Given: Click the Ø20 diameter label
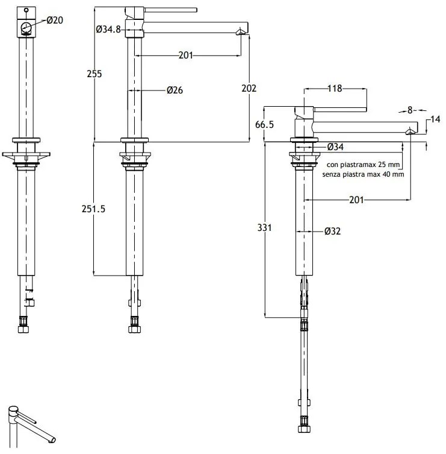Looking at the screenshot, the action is (x=55, y=20).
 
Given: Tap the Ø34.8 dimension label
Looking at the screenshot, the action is (x=108, y=30).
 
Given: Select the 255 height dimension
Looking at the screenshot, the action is (x=94, y=74).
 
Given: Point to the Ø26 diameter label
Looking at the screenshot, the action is (x=175, y=90).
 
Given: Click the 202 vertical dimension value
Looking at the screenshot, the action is (x=249, y=88).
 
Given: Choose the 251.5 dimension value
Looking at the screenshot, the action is (x=93, y=209).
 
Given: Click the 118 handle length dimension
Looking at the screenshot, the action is (x=335, y=88).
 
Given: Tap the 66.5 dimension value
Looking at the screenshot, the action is (x=264, y=124).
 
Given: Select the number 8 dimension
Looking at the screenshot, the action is (x=410, y=110).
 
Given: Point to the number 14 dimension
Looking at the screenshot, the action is (x=435, y=119).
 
